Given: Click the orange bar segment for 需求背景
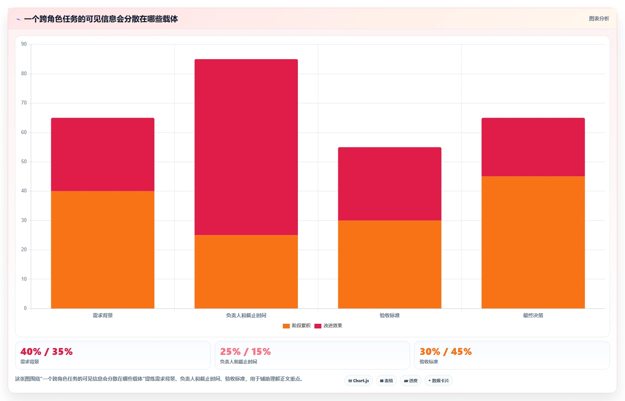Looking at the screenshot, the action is (x=103, y=250).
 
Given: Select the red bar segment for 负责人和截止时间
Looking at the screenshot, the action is (x=246, y=147).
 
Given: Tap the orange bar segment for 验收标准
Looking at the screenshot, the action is (x=389, y=264).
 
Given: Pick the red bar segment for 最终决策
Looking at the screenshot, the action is (x=533, y=147).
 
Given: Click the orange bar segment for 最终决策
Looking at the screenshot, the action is (x=533, y=242).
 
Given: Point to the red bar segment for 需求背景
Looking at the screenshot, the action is (x=103, y=154).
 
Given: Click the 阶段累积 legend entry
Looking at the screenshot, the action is (x=297, y=326).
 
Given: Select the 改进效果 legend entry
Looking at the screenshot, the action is (x=328, y=326).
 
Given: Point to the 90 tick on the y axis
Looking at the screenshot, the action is (x=24, y=44).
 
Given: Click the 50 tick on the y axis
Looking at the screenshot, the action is (x=24, y=161).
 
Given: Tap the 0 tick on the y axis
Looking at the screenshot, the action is (x=25, y=308).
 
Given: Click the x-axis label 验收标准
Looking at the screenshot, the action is (x=389, y=315).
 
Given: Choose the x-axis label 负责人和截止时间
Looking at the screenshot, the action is (x=246, y=315).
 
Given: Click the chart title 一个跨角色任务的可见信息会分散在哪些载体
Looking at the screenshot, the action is (x=101, y=19).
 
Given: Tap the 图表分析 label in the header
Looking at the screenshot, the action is (x=599, y=19).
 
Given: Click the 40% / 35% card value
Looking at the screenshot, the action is (x=46, y=351).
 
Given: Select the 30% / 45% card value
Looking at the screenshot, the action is (x=446, y=351).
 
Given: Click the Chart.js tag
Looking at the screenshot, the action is (x=359, y=381).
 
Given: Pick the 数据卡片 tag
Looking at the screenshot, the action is (x=438, y=381).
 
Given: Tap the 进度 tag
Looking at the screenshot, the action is (x=410, y=381).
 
